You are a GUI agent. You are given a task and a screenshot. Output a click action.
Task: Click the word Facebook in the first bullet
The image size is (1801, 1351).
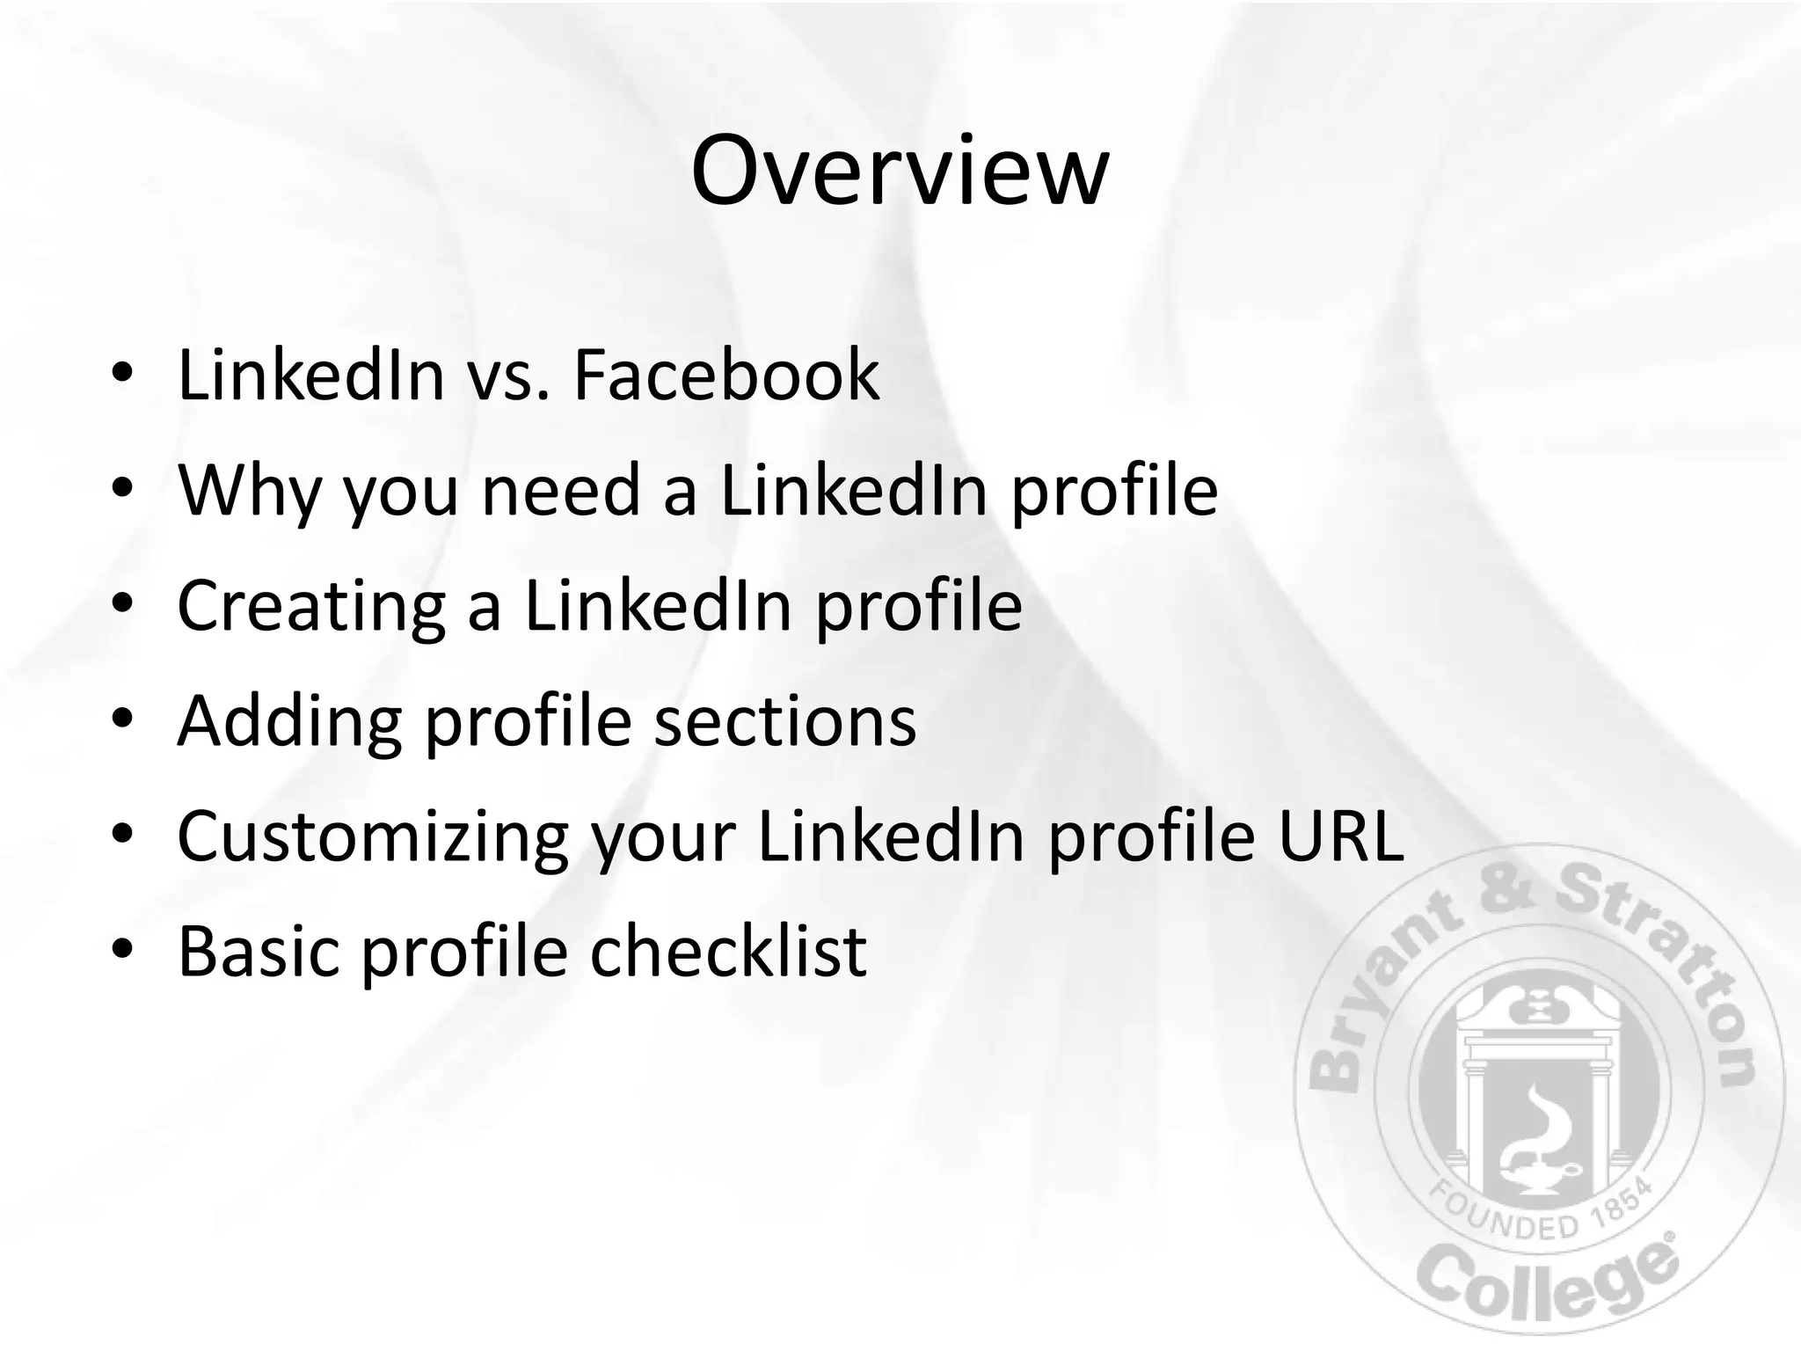pyautogui.click(x=726, y=376)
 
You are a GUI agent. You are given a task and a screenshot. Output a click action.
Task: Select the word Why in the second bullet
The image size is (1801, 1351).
pyautogui.click(x=249, y=490)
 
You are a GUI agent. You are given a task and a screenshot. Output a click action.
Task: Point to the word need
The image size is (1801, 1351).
pyautogui.click(x=561, y=490)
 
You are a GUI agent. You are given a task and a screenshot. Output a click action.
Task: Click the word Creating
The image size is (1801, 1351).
pyautogui.click(x=311, y=606)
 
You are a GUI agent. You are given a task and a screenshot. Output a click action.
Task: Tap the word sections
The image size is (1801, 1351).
pyautogui.click(x=785, y=721)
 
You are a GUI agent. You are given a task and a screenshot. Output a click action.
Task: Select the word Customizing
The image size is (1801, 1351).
pyautogui.click(x=372, y=836)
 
